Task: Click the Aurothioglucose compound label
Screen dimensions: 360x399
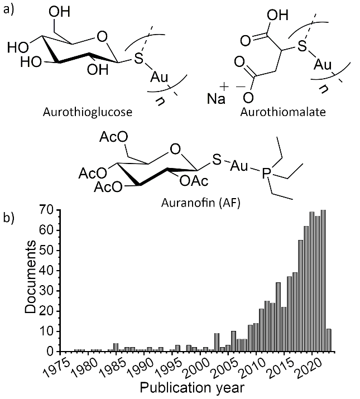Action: tap(88, 112)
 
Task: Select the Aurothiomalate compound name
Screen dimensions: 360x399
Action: tap(283, 112)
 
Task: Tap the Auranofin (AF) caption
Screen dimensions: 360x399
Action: tap(200, 203)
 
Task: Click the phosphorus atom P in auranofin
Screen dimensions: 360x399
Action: tap(266, 174)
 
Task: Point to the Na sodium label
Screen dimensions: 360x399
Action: tap(216, 98)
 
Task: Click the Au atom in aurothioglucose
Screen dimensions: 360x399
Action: tap(159, 76)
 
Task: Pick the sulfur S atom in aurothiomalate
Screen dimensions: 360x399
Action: tap(302, 46)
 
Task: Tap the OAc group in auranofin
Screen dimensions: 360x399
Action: tap(194, 181)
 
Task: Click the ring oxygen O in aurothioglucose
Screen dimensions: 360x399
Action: tap(102, 37)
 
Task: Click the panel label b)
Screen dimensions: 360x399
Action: tap(9, 218)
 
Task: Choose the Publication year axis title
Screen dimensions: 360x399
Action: tap(192, 388)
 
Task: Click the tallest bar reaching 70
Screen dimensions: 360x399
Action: tap(323, 281)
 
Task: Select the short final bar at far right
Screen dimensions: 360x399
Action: tap(329, 340)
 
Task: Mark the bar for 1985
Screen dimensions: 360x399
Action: tap(116, 348)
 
